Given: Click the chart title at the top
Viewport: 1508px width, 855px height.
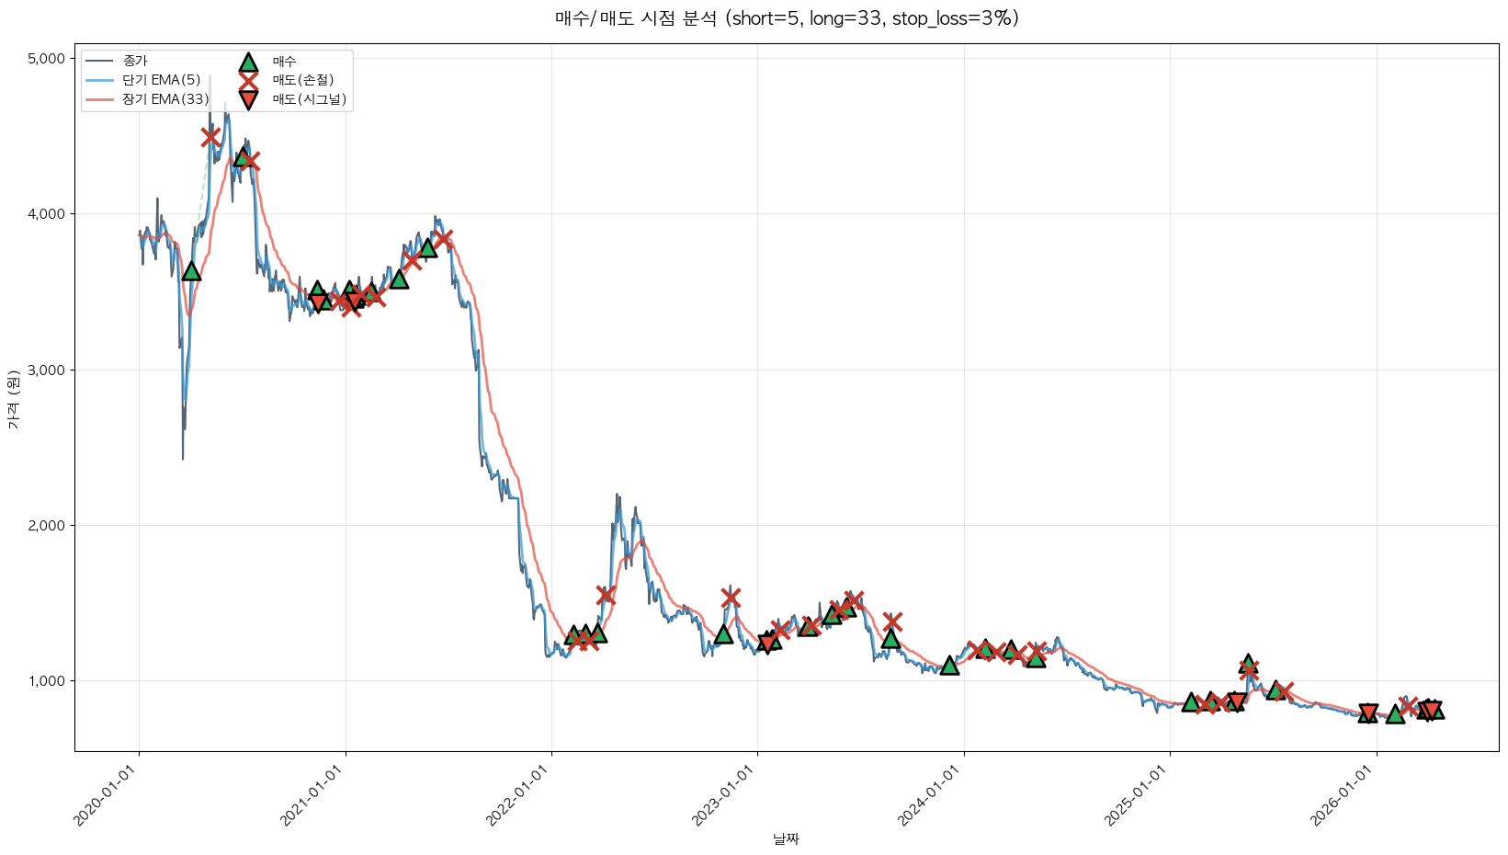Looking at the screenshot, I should click(787, 18).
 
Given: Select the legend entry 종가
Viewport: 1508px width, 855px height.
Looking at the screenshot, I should click(134, 62).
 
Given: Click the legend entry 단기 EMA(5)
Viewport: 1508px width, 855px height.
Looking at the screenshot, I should click(161, 80).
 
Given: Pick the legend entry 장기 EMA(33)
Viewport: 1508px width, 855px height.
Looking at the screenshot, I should click(165, 99).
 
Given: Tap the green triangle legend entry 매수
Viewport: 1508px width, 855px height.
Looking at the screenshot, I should click(284, 62).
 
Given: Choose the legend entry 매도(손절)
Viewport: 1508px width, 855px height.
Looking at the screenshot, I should click(302, 80).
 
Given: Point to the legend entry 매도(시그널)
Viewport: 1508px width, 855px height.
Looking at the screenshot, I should click(309, 99).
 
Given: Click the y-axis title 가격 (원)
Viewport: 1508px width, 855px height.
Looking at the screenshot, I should click(13, 401).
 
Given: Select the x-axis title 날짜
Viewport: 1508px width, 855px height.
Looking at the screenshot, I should click(787, 838).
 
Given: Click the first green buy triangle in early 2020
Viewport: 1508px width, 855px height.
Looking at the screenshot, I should click(191, 270).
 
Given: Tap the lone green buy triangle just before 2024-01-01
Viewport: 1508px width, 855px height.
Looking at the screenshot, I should click(949, 665).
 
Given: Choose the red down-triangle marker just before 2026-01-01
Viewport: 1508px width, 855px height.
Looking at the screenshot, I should click(1367, 713).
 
